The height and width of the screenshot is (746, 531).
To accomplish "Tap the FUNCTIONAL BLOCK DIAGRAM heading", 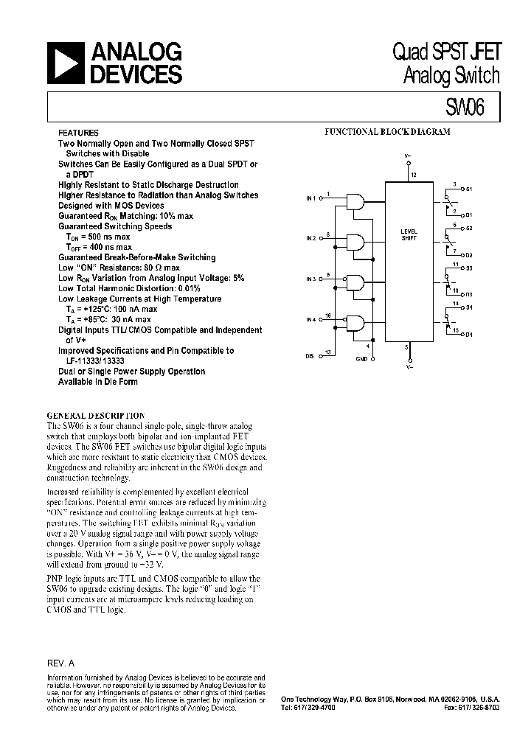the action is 388,132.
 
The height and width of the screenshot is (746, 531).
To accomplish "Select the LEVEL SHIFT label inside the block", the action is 409,234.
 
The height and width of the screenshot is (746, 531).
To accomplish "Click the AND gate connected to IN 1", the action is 356,202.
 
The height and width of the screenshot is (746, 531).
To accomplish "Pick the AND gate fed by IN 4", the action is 356,323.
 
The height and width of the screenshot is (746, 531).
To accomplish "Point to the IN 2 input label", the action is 310,239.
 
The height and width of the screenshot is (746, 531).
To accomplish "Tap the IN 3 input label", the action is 310,279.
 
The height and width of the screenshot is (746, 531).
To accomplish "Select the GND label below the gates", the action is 362,359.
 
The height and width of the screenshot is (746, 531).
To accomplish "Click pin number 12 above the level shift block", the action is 414,175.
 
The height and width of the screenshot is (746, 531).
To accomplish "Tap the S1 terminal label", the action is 469,189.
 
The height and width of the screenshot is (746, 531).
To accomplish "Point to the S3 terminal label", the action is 469,268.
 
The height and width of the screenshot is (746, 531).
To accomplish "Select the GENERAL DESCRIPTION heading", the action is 96,416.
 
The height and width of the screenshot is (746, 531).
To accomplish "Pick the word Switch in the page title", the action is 476,75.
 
